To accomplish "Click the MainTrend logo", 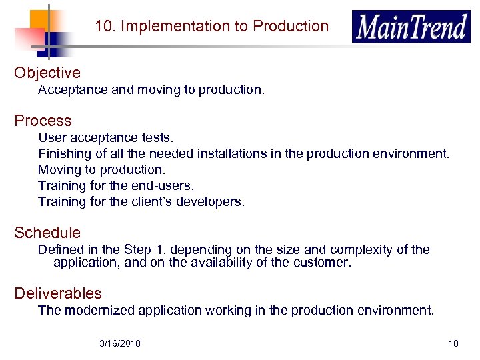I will (x=411, y=27).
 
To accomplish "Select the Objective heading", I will (x=47, y=73).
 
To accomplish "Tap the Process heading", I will (x=43, y=121).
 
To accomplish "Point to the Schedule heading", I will (x=47, y=233).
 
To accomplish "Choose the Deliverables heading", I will (x=58, y=293).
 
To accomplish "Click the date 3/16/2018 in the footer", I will (x=119, y=343).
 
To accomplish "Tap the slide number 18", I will (x=453, y=343).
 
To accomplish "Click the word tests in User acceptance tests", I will (x=157, y=138).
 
